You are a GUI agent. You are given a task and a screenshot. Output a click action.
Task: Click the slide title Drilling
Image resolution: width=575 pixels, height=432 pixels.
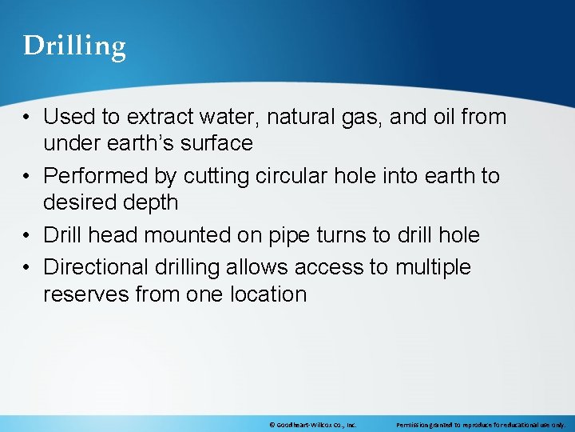[x=74, y=46]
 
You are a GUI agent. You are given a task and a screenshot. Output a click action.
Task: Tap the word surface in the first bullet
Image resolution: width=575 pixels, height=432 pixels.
[x=217, y=144]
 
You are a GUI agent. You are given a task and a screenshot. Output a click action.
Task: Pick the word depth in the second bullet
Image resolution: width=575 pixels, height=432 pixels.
[x=152, y=203]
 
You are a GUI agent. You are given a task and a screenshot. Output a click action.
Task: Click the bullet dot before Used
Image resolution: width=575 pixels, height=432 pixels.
[x=28, y=117]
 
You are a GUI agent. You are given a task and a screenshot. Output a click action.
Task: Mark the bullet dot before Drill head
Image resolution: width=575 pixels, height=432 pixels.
[x=28, y=235]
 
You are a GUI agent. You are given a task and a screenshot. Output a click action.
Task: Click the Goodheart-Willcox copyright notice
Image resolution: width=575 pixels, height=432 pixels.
[x=313, y=425]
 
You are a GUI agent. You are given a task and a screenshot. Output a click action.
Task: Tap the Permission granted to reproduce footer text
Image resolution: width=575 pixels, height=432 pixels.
[x=480, y=425]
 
